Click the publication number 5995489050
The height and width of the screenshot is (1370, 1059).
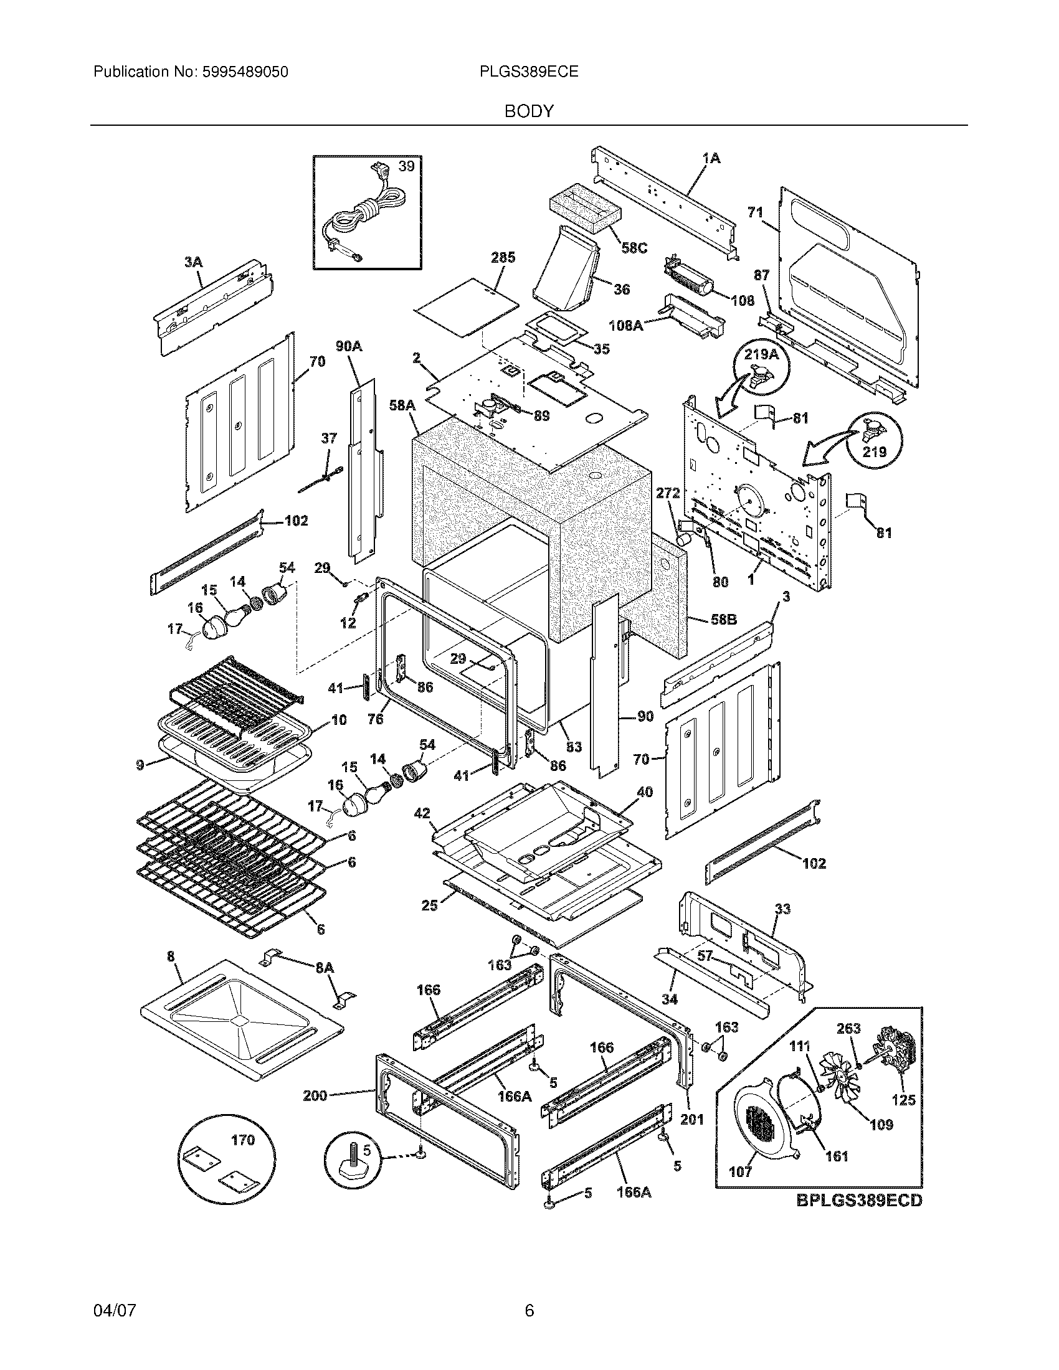coord(245,72)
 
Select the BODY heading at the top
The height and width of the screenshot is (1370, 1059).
coord(529,111)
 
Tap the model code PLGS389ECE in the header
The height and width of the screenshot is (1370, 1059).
coord(528,72)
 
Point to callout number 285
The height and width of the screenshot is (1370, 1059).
coord(503,257)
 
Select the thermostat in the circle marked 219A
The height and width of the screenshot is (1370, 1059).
coord(759,379)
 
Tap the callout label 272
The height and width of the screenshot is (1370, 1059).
coord(668,494)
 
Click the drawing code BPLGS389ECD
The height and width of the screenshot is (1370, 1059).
coord(860,1201)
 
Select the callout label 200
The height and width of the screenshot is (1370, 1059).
coord(315,1096)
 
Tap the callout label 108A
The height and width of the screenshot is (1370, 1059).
coord(625,326)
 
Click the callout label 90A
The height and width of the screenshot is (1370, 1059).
coord(348,346)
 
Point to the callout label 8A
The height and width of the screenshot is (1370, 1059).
coord(325,968)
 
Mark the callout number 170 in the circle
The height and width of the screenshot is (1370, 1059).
coord(243,1140)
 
